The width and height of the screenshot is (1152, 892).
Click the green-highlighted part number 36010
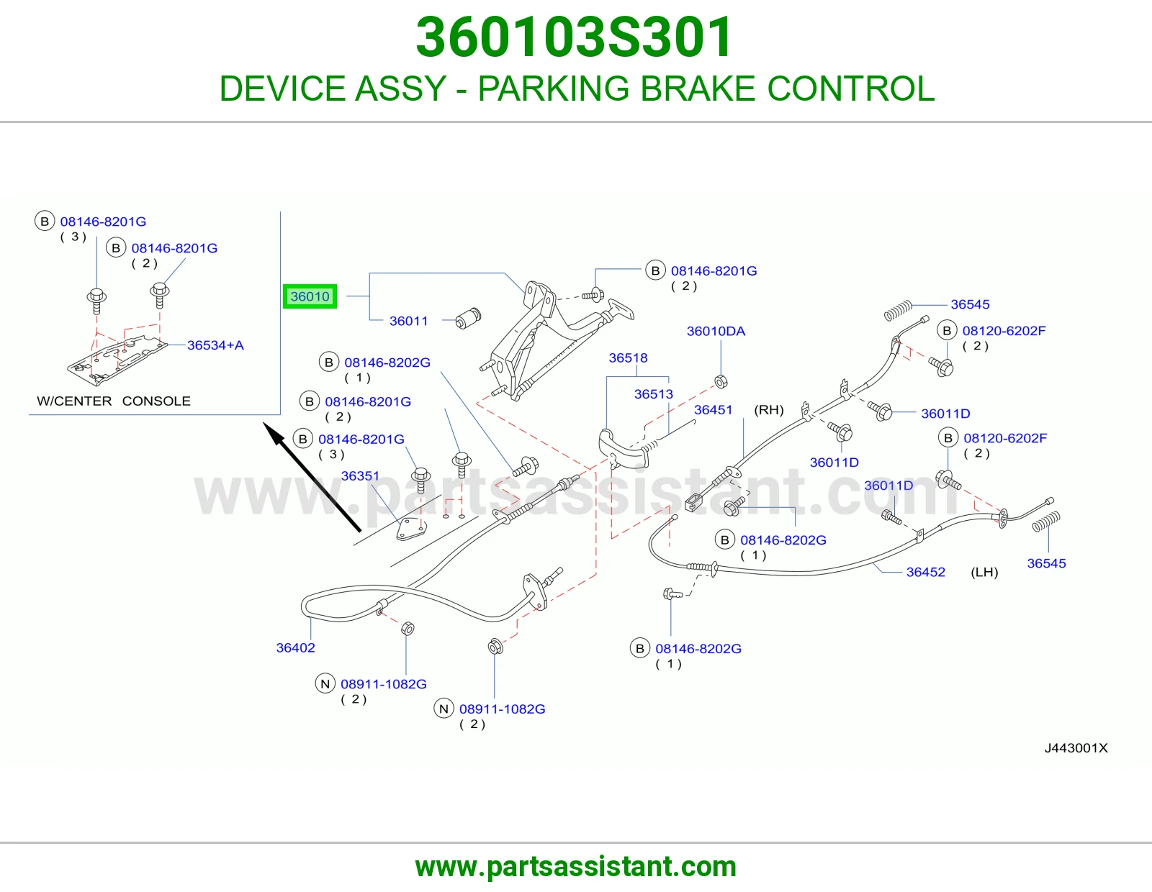[310, 296]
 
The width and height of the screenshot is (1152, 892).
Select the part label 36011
[408, 321]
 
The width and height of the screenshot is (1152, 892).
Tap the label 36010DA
[716, 331]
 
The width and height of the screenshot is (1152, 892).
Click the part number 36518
[628, 358]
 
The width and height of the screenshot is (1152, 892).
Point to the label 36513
[653, 393]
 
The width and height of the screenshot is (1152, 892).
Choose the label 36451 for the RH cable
[713, 409]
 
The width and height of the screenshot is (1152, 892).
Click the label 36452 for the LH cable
[926, 572]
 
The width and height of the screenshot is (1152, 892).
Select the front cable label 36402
[295, 647]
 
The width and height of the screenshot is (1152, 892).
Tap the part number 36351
[360, 475]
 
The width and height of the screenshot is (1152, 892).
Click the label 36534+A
[215, 345]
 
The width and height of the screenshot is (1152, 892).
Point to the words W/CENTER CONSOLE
[114, 401]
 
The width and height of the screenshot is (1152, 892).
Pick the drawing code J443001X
[1076, 748]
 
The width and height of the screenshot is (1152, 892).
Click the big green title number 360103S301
[574, 37]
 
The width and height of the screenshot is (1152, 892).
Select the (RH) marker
[769, 409]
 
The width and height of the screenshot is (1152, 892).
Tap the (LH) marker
[984, 572]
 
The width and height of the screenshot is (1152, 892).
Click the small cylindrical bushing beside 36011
[468, 319]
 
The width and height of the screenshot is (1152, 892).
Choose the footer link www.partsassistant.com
[576, 867]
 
